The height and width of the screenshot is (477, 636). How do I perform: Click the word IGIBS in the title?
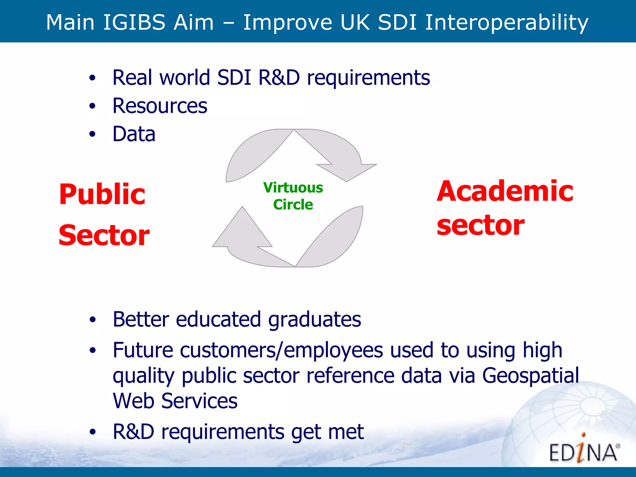[x=134, y=22]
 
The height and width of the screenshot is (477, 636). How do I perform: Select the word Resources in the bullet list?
[x=160, y=106]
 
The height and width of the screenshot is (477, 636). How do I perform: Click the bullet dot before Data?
[x=92, y=134]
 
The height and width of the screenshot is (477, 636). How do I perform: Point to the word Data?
[x=134, y=134]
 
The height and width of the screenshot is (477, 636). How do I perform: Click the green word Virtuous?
[x=293, y=188]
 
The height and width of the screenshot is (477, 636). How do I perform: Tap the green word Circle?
[x=293, y=205]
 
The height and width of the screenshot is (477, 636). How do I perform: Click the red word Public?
[x=102, y=194]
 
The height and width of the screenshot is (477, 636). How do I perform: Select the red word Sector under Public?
[x=104, y=235]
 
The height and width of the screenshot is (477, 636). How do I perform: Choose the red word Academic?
[x=505, y=191]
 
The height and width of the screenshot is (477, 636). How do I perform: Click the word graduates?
[x=314, y=319]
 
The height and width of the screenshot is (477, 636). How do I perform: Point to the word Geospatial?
[x=530, y=375]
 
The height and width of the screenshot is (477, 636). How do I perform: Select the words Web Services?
[x=175, y=401]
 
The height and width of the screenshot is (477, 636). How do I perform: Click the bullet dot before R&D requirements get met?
[x=92, y=432]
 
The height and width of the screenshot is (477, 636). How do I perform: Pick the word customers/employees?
[x=281, y=350]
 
